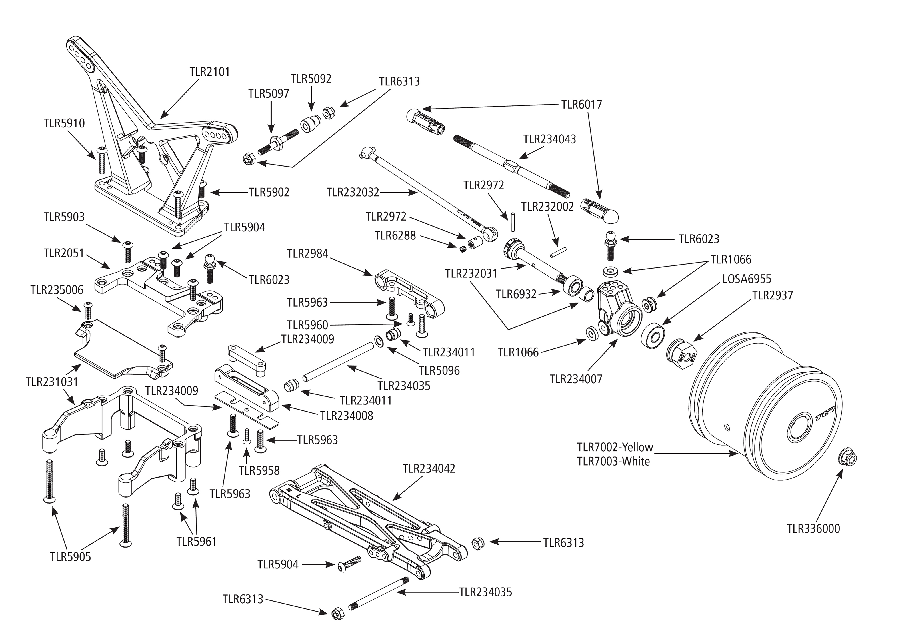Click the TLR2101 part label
(209, 72)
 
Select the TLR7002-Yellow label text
(615, 447)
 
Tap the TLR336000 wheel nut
(847, 458)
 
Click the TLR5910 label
(64, 123)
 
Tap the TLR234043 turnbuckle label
(549, 139)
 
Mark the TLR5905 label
(71, 557)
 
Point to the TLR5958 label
(259, 470)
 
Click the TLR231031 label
(52, 382)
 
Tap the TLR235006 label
(57, 290)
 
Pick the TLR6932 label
(516, 294)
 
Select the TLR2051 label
(64, 253)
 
